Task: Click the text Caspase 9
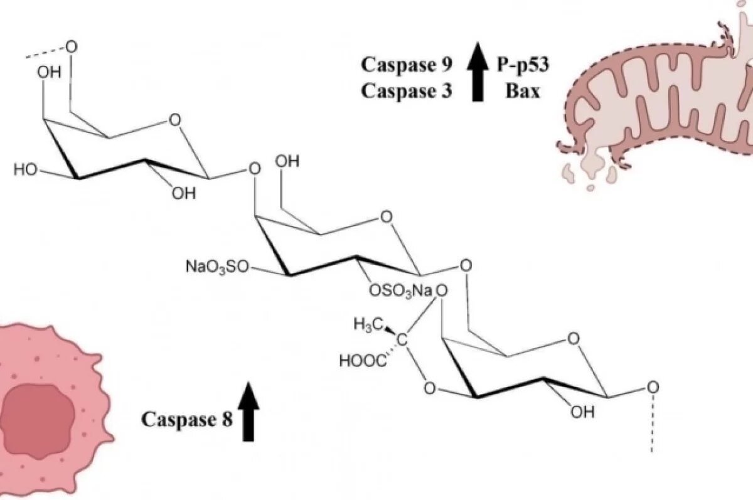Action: pyautogui.click(x=406, y=65)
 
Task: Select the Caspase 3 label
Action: pyautogui.click(x=406, y=91)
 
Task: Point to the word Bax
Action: pyautogui.click(x=522, y=92)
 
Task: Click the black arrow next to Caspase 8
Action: pyautogui.click(x=249, y=411)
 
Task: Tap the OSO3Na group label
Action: pyautogui.click(x=400, y=292)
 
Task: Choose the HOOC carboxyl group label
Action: pyautogui.click(x=360, y=361)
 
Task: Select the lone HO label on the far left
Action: pyautogui.click(x=26, y=169)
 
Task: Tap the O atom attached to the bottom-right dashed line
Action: pyautogui.click(x=653, y=388)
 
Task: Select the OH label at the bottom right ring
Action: pyautogui.click(x=582, y=412)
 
